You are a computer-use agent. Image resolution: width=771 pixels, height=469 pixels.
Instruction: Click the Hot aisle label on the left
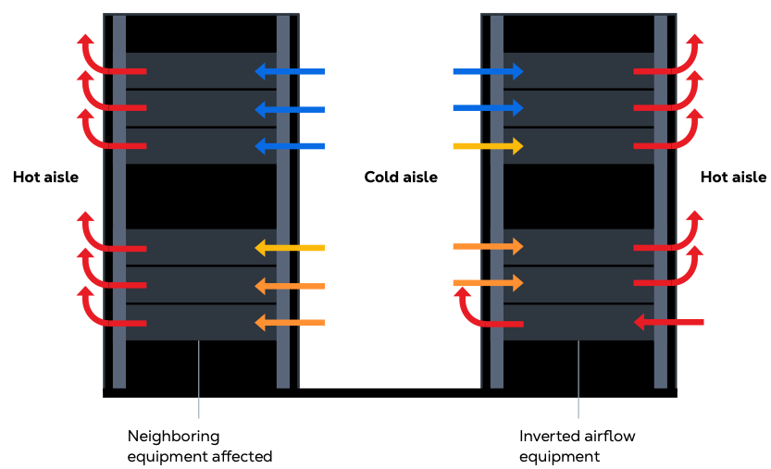point(45,178)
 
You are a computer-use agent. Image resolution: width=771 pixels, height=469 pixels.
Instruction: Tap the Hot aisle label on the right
point(733,178)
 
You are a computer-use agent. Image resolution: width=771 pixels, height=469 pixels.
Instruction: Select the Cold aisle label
point(401,178)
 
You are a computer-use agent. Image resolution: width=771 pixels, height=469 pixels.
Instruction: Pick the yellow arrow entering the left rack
point(289,248)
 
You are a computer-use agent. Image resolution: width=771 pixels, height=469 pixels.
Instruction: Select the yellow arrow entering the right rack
point(488,146)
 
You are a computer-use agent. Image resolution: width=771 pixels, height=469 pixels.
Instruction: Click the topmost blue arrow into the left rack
point(289,70)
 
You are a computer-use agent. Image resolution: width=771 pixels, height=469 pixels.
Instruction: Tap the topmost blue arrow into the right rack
point(488,71)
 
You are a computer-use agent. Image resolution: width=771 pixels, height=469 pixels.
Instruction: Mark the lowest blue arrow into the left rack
point(289,146)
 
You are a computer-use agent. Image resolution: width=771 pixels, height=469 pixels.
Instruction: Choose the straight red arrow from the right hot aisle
point(669,323)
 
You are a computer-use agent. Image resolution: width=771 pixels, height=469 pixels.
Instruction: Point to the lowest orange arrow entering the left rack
point(289,323)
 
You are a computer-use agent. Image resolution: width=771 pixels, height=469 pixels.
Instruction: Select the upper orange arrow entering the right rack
point(488,246)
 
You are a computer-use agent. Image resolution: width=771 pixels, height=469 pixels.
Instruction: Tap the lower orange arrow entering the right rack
point(488,282)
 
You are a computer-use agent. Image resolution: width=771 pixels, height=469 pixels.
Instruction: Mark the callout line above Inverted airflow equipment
point(578,379)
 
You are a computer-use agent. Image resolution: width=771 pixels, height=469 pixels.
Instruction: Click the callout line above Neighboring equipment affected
point(199,379)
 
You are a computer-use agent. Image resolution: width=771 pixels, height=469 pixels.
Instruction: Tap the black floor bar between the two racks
point(389,393)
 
